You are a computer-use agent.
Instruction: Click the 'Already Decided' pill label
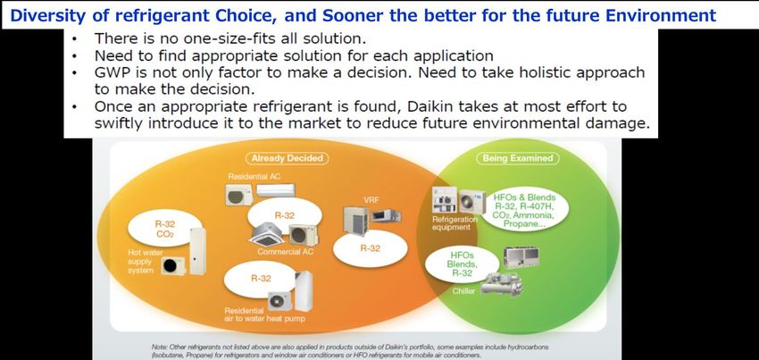coord(287,158)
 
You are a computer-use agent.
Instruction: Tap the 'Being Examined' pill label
coord(517,158)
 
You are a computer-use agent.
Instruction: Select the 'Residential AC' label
coord(254,177)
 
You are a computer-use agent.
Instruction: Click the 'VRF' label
coord(371,199)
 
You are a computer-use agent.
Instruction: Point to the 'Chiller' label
coord(463,291)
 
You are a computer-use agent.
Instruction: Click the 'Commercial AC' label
coord(285,252)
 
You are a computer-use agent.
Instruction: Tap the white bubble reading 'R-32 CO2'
coord(164,230)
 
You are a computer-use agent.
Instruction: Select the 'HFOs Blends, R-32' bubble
coord(462,264)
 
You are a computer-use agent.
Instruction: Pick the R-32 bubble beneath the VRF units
coord(371,248)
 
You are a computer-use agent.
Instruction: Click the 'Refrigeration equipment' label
coord(453,223)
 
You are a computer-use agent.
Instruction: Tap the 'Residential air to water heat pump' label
coord(264,314)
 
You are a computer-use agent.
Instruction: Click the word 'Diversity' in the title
coord(39,16)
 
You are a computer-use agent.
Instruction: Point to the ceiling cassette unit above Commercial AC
coord(268,236)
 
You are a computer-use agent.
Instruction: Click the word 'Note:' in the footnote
coord(159,347)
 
